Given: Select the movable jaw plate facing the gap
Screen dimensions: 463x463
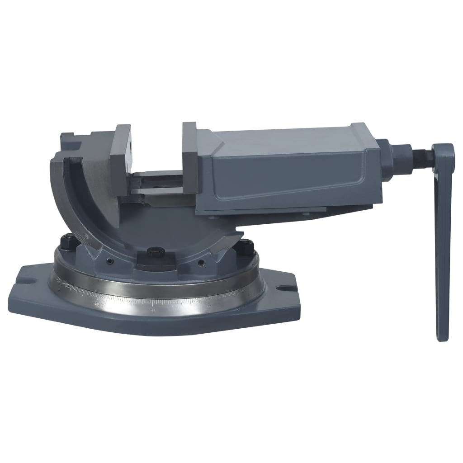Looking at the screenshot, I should point(189,158).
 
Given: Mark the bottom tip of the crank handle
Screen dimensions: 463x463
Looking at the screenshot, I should point(443,337).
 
